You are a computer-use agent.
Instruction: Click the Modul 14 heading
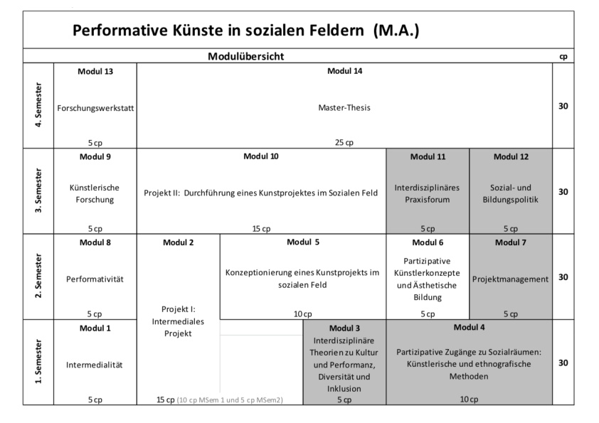(344, 71)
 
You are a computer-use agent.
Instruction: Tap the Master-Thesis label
(344, 107)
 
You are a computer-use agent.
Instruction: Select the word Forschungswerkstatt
(95, 108)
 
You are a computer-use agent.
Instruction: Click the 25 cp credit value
(344, 142)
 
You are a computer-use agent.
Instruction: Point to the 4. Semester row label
(38, 105)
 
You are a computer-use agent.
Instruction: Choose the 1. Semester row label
(38, 362)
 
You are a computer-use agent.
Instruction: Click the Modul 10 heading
(261, 156)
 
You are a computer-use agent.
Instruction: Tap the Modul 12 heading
(511, 156)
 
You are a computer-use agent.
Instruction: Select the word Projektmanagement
(510, 279)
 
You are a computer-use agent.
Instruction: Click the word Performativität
(95, 279)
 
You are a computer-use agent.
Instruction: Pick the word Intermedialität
(95, 365)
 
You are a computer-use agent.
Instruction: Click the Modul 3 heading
(344, 328)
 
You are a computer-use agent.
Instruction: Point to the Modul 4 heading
(469, 327)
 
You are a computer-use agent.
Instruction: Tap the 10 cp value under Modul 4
(469, 400)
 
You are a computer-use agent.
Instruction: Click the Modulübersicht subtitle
(245, 56)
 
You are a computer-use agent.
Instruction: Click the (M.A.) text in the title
(396, 30)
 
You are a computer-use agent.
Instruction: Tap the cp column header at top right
(563, 57)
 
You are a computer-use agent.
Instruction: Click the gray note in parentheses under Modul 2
(230, 400)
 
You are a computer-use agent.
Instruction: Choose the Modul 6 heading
(428, 242)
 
